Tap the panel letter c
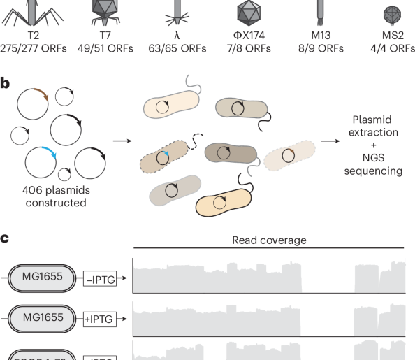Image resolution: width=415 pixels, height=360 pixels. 5,238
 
